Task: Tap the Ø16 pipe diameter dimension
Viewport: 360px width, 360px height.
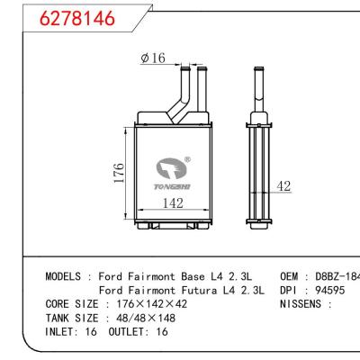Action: point(154,58)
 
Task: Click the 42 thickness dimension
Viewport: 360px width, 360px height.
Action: point(283,186)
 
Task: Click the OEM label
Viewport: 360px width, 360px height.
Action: point(291,276)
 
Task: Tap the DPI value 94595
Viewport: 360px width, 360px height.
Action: point(328,290)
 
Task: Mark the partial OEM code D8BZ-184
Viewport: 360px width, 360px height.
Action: point(337,276)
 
